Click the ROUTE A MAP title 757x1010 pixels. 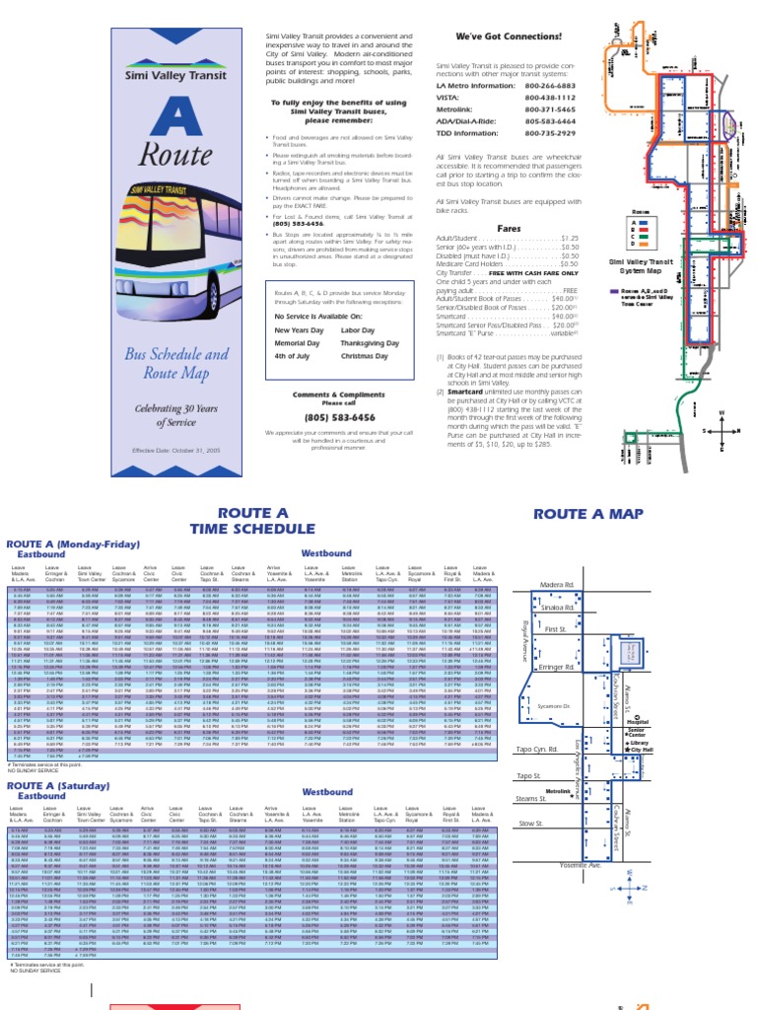click(x=587, y=515)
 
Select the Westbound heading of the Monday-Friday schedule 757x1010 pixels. click(x=326, y=554)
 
